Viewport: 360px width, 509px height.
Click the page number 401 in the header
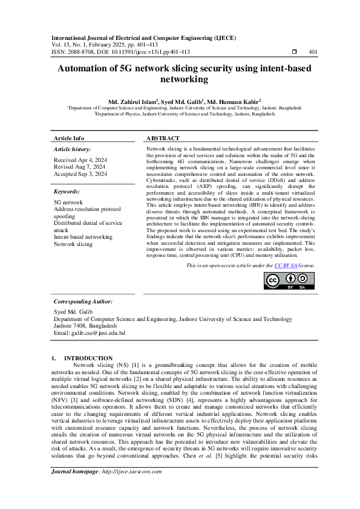point(313,52)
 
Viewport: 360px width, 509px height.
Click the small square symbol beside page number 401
point(294,52)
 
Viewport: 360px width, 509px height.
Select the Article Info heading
point(69,138)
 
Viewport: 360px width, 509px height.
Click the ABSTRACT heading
point(163,138)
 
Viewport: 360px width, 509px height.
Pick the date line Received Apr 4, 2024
point(80,160)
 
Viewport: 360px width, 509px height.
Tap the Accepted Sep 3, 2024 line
point(80,173)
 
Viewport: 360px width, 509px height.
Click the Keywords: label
point(68,190)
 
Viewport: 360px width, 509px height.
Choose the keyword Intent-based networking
point(83,238)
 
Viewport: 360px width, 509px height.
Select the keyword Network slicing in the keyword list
point(73,244)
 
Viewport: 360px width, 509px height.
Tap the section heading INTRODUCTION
point(88,358)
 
